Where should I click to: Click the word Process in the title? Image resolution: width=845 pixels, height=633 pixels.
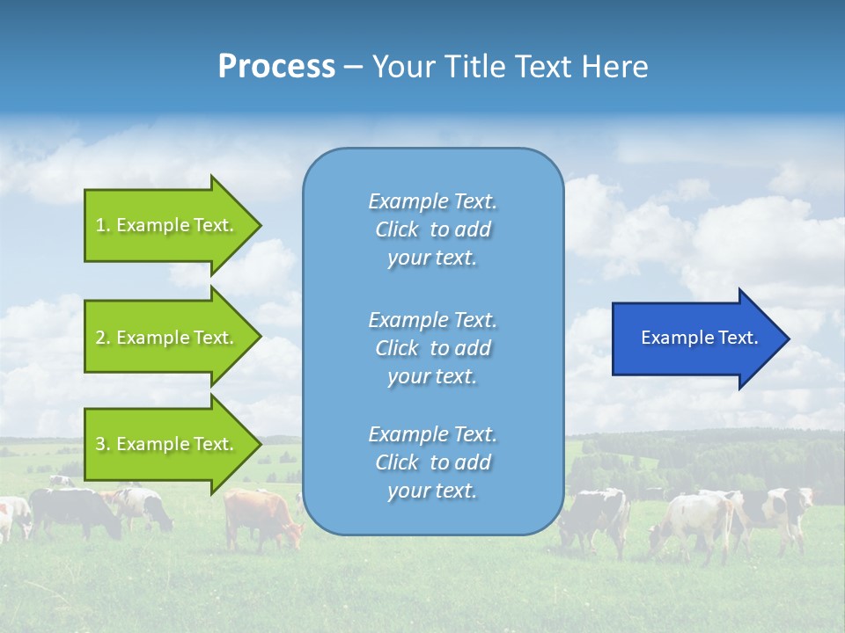coord(276,67)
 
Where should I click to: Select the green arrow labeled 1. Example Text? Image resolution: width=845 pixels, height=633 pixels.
coord(167,225)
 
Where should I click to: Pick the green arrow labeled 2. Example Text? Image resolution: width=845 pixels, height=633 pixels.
coord(167,338)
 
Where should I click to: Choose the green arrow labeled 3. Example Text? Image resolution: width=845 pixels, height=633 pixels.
coord(167,444)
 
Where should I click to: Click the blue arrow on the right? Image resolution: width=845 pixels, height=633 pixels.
coord(695,338)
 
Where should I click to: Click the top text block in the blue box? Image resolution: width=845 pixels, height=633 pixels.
coord(432,229)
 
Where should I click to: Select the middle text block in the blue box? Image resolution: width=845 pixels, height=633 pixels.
coord(432,348)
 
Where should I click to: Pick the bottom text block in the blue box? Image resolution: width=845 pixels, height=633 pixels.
coord(432,462)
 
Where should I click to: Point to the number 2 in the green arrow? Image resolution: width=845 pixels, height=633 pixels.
coord(100,338)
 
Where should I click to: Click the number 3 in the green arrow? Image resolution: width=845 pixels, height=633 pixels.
coord(100,444)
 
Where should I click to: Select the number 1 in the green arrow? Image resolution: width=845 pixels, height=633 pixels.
coord(100,225)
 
